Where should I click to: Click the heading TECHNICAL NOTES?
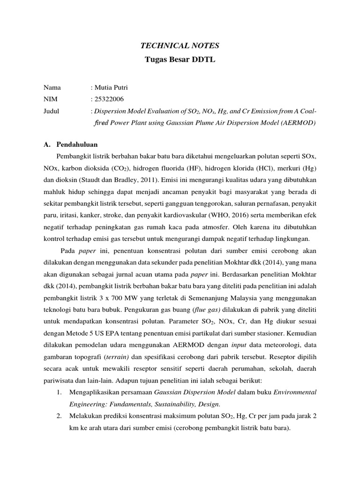point(180,45)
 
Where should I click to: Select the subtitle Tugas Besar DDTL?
point(180,60)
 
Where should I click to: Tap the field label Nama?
point(52,87)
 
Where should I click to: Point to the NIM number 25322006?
point(109,99)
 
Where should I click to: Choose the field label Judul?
point(52,112)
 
